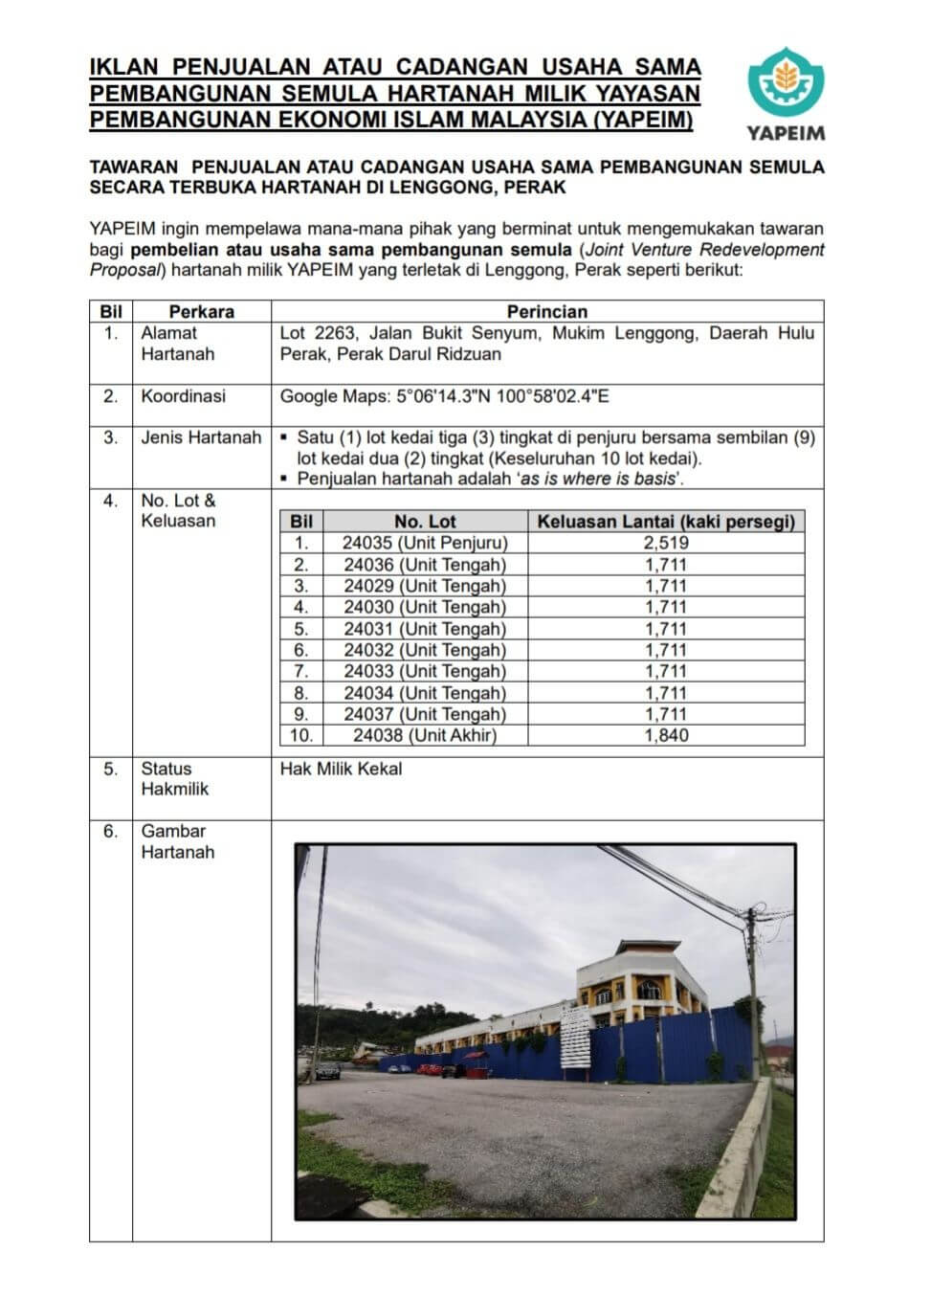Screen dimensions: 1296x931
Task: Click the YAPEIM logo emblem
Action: (785, 80)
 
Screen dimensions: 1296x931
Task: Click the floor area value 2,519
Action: (666, 543)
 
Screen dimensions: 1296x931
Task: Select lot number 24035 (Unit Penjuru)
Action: (425, 543)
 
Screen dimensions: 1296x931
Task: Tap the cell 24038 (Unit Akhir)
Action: (425, 736)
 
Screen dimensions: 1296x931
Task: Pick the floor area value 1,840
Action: (666, 736)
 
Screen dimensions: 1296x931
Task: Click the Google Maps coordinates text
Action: (444, 396)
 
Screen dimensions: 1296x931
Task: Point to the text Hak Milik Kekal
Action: (341, 769)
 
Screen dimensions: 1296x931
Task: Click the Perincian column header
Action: (546, 311)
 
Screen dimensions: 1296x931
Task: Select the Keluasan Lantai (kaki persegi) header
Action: (666, 522)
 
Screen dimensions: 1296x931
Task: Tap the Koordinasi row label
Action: (183, 396)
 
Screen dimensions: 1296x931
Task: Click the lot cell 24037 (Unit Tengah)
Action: (425, 714)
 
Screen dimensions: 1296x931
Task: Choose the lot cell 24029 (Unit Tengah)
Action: (425, 586)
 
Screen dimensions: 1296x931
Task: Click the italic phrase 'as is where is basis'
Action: (600, 480)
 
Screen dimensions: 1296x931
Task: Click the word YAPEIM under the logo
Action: (785, 133)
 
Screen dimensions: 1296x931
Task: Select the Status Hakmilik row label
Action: (174, 779)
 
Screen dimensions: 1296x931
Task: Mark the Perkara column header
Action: (201, 311)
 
